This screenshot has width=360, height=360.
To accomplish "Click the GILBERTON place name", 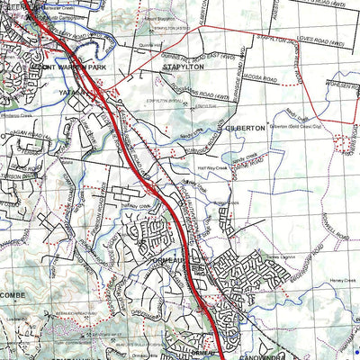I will tap(246, 129).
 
